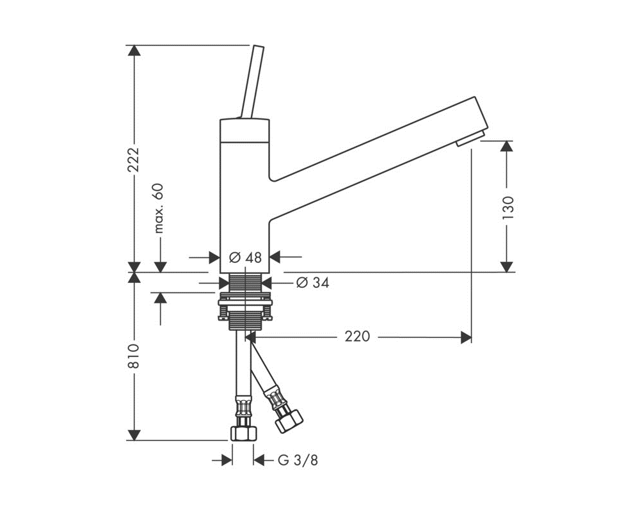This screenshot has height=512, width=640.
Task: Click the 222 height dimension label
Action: coord(134,159)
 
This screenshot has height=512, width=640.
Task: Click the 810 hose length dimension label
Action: coord(134,356)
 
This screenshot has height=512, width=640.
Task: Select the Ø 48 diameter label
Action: coord(245,257)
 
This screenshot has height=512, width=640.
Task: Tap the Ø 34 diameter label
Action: coord(313,282)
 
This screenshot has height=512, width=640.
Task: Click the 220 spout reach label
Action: coord(357,337)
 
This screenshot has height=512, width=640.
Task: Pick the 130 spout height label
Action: coord(508,208)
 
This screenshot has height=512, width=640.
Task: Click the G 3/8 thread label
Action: coord(298,461)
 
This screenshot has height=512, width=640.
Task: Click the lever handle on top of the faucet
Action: coord(252,82)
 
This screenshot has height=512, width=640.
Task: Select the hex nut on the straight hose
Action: coord(244,433)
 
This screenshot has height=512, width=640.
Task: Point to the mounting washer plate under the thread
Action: coord(245,303)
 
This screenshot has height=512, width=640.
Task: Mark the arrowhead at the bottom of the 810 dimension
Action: coord(134,435)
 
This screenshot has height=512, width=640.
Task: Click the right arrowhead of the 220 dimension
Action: coord(466,337)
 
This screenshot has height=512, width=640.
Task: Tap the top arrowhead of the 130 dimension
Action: coord(506,147)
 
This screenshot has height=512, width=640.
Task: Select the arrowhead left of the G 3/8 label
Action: coord(227,461)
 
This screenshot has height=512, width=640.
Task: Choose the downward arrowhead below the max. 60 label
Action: coord(161,267)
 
